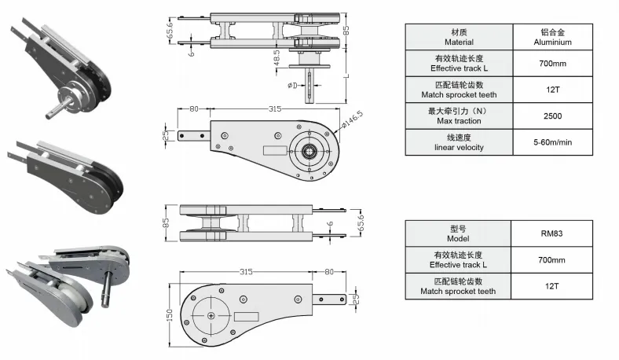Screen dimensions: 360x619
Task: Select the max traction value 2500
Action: pyautogui.click(x=553, y=116)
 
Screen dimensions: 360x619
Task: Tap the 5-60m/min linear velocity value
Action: pyautogui.click(x=554, y=142)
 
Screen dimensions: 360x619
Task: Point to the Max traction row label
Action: pyautogui.click(x=459, y=116)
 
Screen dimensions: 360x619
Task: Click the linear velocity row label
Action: pyautogui.click(x=459, y=142)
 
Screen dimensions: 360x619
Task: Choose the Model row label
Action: pyautogui.click(x=458, y=233)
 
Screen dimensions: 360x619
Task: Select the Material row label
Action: pyautogui.click(x=459, y=37)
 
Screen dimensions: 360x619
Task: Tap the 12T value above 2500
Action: pyautogui.click(x=553, y=90)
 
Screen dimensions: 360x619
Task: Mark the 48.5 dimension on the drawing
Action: pyautogui.click(x=277, y=57)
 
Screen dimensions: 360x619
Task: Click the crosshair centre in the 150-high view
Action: pyautogui.click(x=212, y=314)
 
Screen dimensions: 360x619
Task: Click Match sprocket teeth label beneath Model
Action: pyautogui.click(x=458, y=286)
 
